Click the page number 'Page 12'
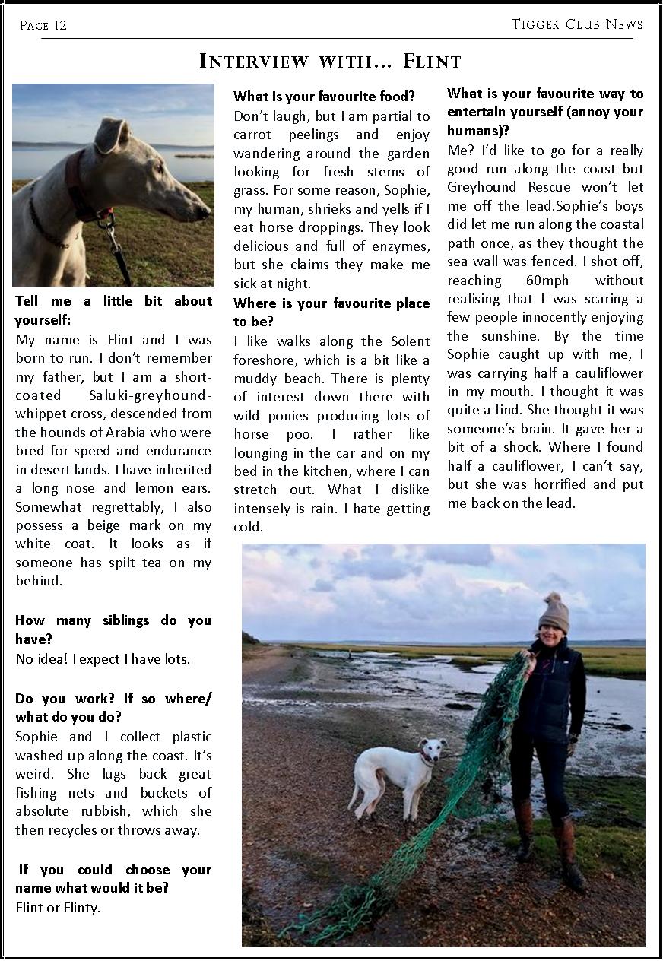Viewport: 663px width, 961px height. [x=43, y=26]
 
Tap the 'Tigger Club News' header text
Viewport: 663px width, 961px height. [x=576, y=24]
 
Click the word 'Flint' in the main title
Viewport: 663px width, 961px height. [x=432, y=61]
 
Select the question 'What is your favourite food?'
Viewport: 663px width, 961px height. [x=324, y=97]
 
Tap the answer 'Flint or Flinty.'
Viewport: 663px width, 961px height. [x=58, y=908]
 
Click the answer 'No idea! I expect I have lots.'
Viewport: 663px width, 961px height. [x=103, y=659]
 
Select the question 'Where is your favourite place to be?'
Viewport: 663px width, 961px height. [x=331, y=312]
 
